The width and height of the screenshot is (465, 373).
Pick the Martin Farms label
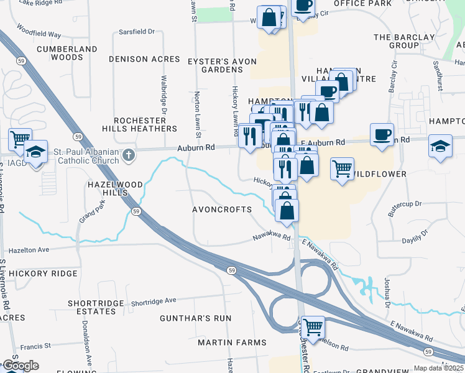[232, 343]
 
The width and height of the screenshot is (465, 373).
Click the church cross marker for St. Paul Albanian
[128, 154]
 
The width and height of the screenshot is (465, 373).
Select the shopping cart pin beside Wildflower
[342, 168]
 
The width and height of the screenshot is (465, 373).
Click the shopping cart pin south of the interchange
[313, 326]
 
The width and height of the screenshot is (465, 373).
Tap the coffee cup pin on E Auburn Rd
[382, 134]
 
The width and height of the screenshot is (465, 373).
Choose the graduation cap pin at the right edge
[441, 146]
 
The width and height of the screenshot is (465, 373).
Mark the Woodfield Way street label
[39, 30]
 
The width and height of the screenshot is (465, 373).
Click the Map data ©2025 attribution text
[439, 368]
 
